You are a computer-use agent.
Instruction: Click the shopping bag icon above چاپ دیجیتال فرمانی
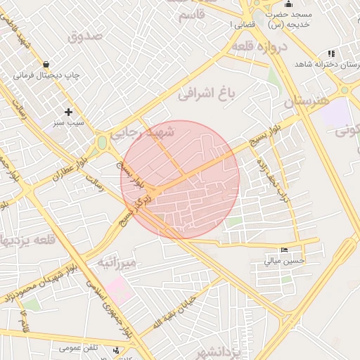(x=46, y=64)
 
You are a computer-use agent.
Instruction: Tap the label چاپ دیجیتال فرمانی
(x=46, y=75)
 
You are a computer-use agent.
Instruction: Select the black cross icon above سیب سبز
(x=68, y=112)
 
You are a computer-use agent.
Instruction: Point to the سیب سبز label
(x=68, y=122)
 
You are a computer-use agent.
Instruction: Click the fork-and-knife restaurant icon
(x=330, y=54)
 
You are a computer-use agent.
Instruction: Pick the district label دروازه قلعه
(x=259, y=47)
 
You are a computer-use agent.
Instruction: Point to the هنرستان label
(x=307, y=102)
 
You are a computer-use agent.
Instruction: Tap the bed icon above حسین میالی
(x=284, y=250)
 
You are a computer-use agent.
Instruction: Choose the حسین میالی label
(x=284, y=261)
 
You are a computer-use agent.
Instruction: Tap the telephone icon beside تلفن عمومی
(x=115, y=349)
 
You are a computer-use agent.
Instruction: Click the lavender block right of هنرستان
(x=339, y=112)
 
